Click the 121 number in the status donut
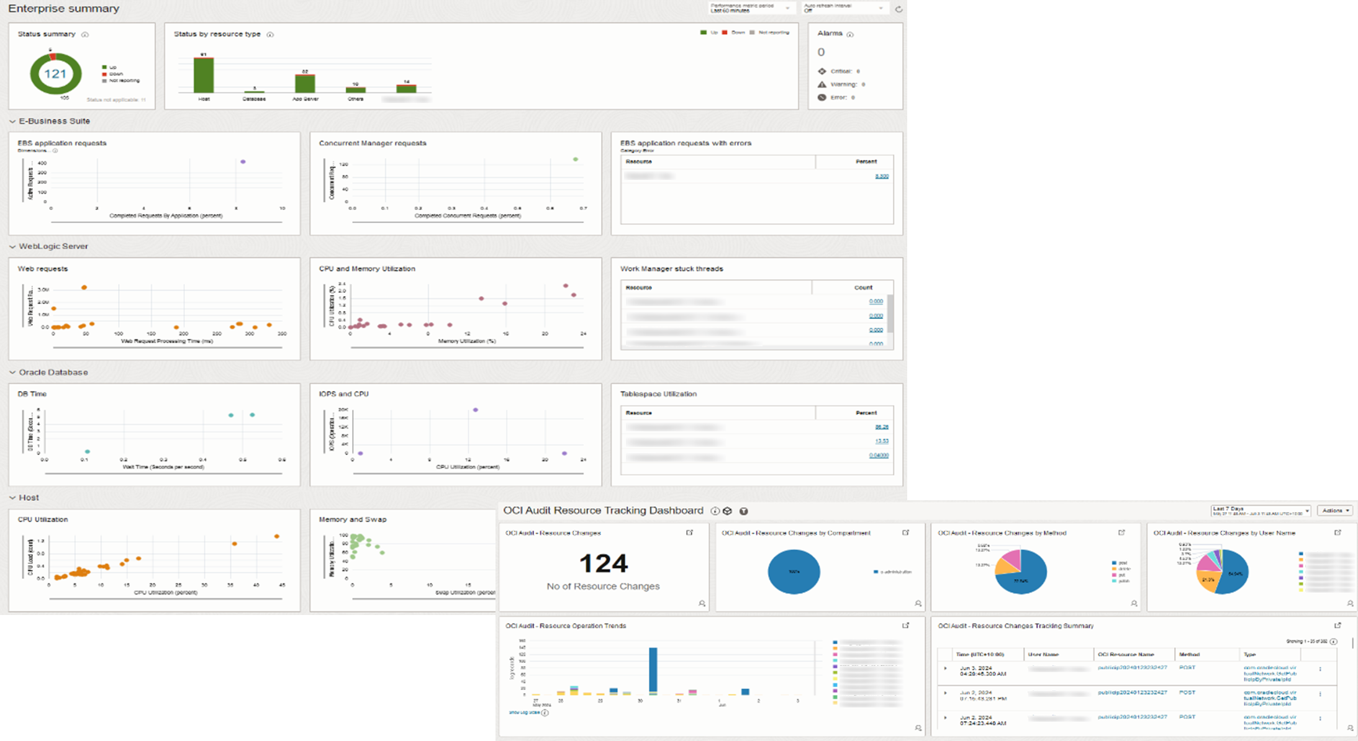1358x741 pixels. point(55,74)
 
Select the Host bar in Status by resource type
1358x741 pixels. point(204,75)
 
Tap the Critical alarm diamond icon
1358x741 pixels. point(822,71)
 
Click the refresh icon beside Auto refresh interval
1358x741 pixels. point(898,9)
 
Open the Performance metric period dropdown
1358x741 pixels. point(752,8)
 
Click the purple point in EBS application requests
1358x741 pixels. point(243,162)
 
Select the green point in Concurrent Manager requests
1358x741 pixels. point(576,159)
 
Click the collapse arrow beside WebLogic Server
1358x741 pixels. point(12,247)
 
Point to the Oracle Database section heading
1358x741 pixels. point(53,372)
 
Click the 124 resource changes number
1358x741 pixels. point(604,564)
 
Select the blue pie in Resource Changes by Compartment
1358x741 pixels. point(794,572)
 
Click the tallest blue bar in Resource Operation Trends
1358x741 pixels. point(653,670)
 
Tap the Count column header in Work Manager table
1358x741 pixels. point(863,287)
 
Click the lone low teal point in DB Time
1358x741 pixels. point(88,451)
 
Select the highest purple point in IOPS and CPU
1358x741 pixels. point(476,410)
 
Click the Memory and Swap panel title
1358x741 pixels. point(353,519)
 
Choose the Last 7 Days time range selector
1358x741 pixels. point(1261,511)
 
